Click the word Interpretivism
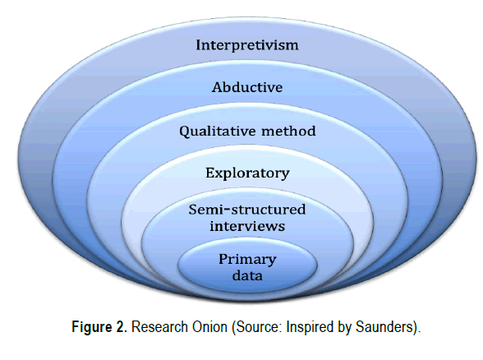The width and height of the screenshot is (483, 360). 247,45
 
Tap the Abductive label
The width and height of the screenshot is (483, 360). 247,87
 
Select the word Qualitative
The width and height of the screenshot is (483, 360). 218,132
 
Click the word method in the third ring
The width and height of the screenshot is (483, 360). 288,131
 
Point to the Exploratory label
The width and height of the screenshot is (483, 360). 247,173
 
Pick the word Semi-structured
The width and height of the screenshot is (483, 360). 247,210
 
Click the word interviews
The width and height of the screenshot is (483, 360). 247,226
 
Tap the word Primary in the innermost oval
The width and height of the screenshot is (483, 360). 247,260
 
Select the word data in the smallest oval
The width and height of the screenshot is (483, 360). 247,275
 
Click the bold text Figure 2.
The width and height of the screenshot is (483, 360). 99,327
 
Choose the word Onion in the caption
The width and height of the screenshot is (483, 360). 209,327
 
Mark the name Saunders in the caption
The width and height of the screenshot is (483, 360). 384,327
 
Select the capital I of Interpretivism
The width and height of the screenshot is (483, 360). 200,45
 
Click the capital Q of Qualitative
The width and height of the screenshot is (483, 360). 185,132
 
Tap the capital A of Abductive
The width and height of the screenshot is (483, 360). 217,87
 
